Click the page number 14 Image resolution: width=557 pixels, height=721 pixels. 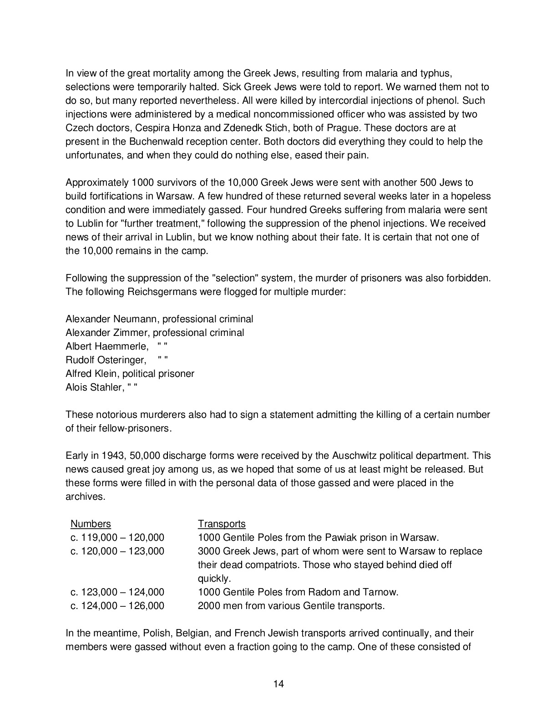point(278,683)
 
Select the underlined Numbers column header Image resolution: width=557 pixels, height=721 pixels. point(91,524)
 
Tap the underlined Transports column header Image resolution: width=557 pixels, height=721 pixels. point(222,524)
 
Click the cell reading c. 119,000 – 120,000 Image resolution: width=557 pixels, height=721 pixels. point(117,538)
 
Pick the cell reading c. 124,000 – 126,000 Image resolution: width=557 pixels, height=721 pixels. point(117,606)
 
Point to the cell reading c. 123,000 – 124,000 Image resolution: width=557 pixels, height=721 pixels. point(117,592)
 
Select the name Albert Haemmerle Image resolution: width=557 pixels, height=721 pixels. point(106,346)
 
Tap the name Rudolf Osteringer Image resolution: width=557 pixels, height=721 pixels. point(106,360)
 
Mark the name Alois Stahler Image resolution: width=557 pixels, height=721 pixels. point(94,387)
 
